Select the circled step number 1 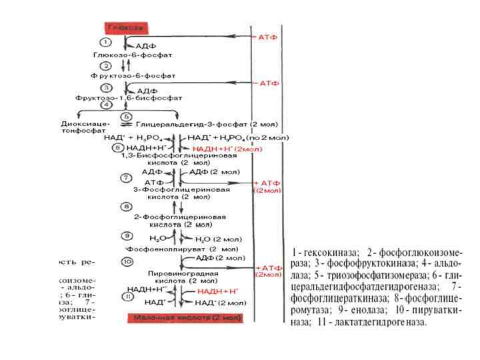tap(106, 42)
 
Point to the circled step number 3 tap(106, 87)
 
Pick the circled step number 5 tap(125, 115)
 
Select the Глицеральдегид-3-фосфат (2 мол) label tap(200, 124)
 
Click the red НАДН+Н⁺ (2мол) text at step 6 tap(227, 148)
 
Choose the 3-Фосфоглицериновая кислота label tap(181, 193)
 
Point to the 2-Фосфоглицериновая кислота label tap(180, 221)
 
